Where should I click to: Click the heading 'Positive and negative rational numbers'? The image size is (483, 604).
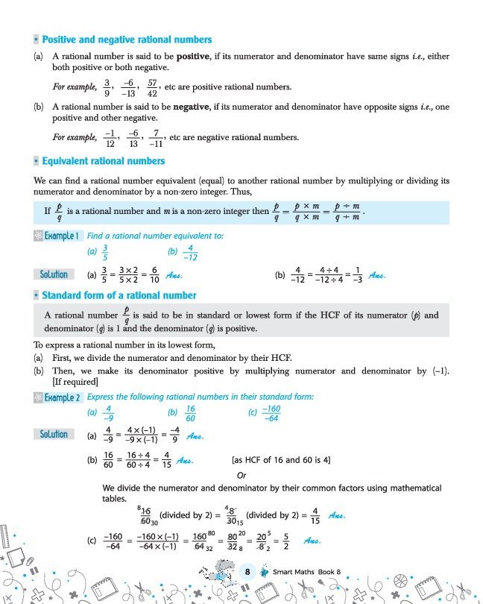[127, 40]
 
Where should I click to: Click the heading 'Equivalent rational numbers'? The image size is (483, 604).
[104, 161]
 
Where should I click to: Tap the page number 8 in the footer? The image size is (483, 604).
[247, 572]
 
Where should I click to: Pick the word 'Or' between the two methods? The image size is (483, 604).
[241, 476]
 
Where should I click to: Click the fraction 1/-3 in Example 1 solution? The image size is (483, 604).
[358, 274]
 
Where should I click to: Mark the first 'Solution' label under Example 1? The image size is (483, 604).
[54, 274]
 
